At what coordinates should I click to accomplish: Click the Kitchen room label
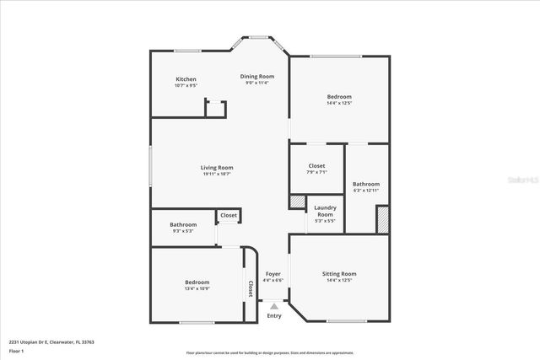click(186, 79)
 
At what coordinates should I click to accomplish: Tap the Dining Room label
click(256, 77)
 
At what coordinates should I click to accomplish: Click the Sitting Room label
click(339, 274)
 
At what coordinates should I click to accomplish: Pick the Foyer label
click(273, 274)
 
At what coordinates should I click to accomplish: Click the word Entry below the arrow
click(273, 316)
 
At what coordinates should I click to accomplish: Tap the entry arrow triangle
click(273, 306)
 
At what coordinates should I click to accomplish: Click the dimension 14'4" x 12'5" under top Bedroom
click(339, 103)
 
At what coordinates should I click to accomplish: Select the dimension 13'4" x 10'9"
click(197, 288)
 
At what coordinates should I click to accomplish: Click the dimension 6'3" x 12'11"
click(366, 191)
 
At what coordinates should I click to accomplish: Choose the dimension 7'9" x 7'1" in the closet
click(316, 172)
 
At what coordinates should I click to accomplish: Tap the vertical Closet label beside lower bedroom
click(250, 288)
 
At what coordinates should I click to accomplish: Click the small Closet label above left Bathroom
click(229, 216)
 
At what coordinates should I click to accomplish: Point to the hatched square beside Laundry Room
click(297, 202)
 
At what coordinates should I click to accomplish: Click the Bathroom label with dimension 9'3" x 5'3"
click(183, 225)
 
